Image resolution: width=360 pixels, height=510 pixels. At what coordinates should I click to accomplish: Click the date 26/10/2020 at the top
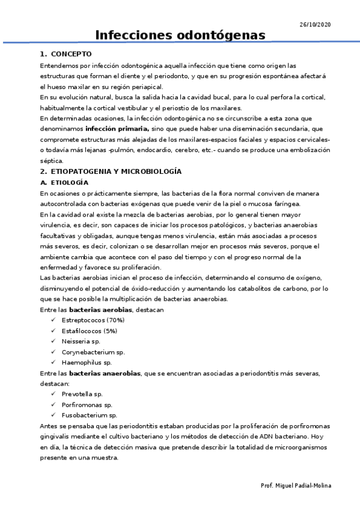(x=315, y=24)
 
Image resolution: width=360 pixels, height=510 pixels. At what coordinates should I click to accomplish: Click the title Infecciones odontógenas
(x=180, y=35)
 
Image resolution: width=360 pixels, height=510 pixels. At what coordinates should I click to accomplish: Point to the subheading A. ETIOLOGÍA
(x=64, y=182)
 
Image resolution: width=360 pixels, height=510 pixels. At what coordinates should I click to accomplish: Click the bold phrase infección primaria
(x=117, y=129)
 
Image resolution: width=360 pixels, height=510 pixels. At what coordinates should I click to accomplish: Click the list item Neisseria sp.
(x=81, y=341)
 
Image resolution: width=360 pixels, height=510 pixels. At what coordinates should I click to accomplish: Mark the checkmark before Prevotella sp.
(x=54, y=394)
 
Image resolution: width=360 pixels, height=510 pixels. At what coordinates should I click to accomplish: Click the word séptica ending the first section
(x=51, y=161)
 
